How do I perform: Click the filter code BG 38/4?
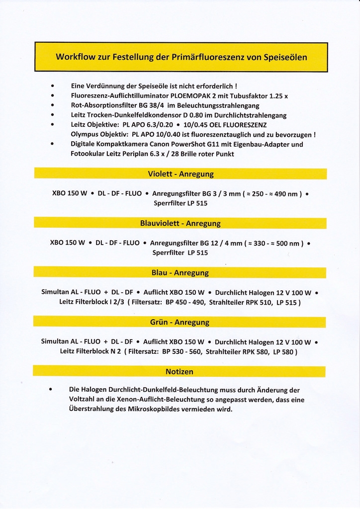coord(156,105)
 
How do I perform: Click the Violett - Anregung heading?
coord(180,174)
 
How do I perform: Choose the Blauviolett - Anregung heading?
coord(180,223)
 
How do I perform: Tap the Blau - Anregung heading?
coord(180,273)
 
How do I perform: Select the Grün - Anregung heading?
coord(180,322)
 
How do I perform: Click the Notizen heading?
coord(179,371)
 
